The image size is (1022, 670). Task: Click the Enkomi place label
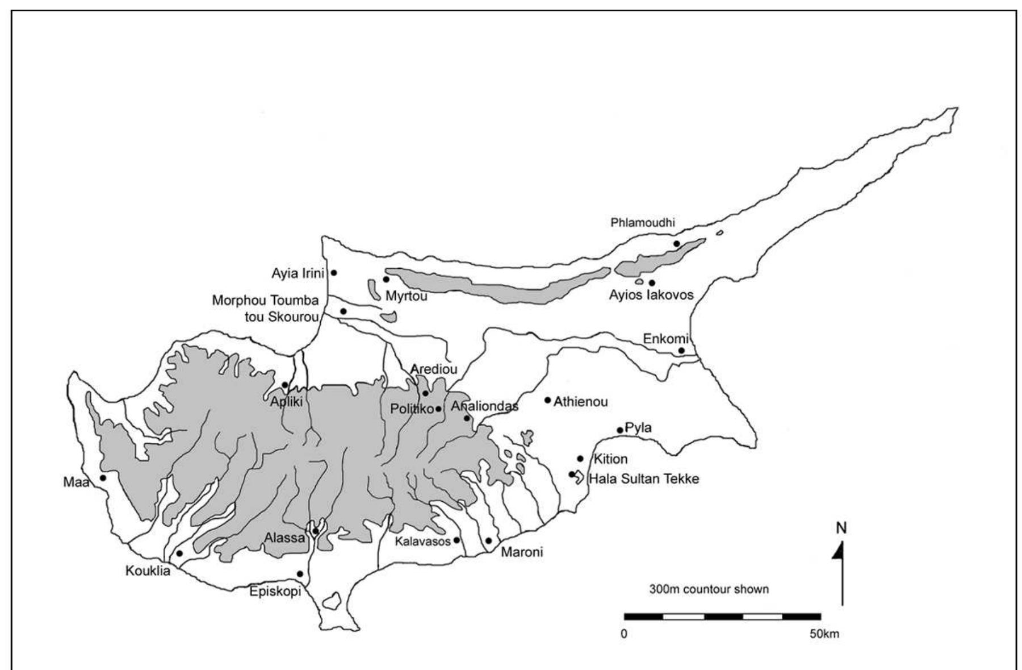click(x=664, y=339)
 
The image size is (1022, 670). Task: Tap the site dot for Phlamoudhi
click(x=676, y=244)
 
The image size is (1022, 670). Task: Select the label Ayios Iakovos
click(x=651, y=296)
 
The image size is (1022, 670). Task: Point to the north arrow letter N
click(x=841, y=528)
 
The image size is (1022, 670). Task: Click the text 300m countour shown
click(x=709, y=589)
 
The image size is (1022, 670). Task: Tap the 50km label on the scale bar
click(x=824, y=634)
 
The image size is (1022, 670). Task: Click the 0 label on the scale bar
click(x=624, y=634)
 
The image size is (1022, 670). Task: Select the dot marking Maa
click(x=103, y=478)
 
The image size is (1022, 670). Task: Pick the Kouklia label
click(x=148, y=571)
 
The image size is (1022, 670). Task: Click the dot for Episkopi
click(x=300, y=574)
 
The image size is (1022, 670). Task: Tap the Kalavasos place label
click(x=422, y=542)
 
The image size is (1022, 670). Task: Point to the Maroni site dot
click(x=488, y=540)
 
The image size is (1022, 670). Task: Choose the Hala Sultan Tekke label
click(x=644, y=479)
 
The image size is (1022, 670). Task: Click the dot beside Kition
click(x=580, y=459)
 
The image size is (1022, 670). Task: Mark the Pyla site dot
click(x=619, y=430)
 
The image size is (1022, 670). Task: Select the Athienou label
click(x=580, y=402)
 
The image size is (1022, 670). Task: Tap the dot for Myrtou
click(x=386, y=279)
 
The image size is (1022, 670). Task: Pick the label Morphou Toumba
click(x=265, y=300)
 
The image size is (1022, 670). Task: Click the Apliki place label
click(x=286, y=402)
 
